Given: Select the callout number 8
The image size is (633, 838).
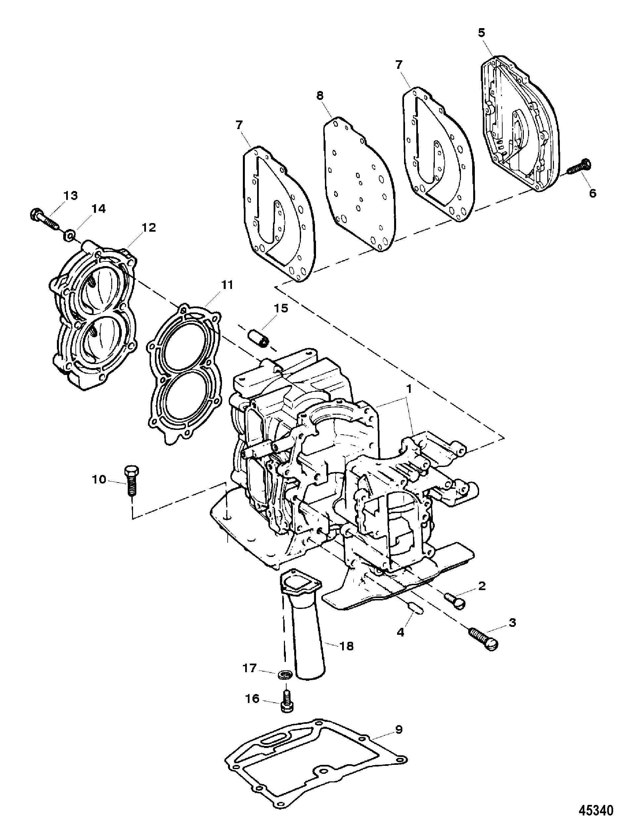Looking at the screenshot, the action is tap(320, 96).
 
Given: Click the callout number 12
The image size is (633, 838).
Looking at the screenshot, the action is tap(149, 228).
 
